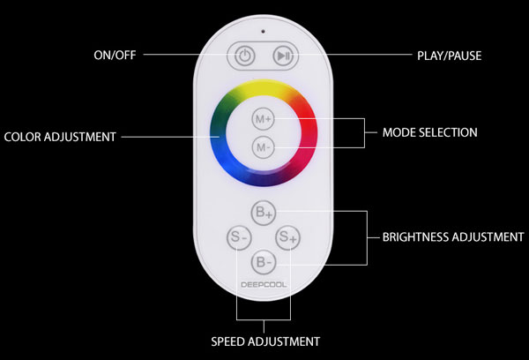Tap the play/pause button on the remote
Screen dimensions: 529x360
coord(283,56)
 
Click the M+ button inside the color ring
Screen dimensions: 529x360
coord(263,119)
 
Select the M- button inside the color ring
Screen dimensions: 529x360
coord(263,147)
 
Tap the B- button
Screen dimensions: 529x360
coord(264,262)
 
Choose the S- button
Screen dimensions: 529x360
coord(239,237)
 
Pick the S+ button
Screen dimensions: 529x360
coord(287,237)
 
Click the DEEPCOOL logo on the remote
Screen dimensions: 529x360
coord(264,285)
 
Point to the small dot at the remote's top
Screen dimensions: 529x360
coord(263,32)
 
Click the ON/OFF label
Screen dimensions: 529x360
coord(115,55)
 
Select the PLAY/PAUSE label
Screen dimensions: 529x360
coord(449,56)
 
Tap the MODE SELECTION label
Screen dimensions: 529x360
coord(430,132)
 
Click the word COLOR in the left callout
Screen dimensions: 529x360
coord(22,137)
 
